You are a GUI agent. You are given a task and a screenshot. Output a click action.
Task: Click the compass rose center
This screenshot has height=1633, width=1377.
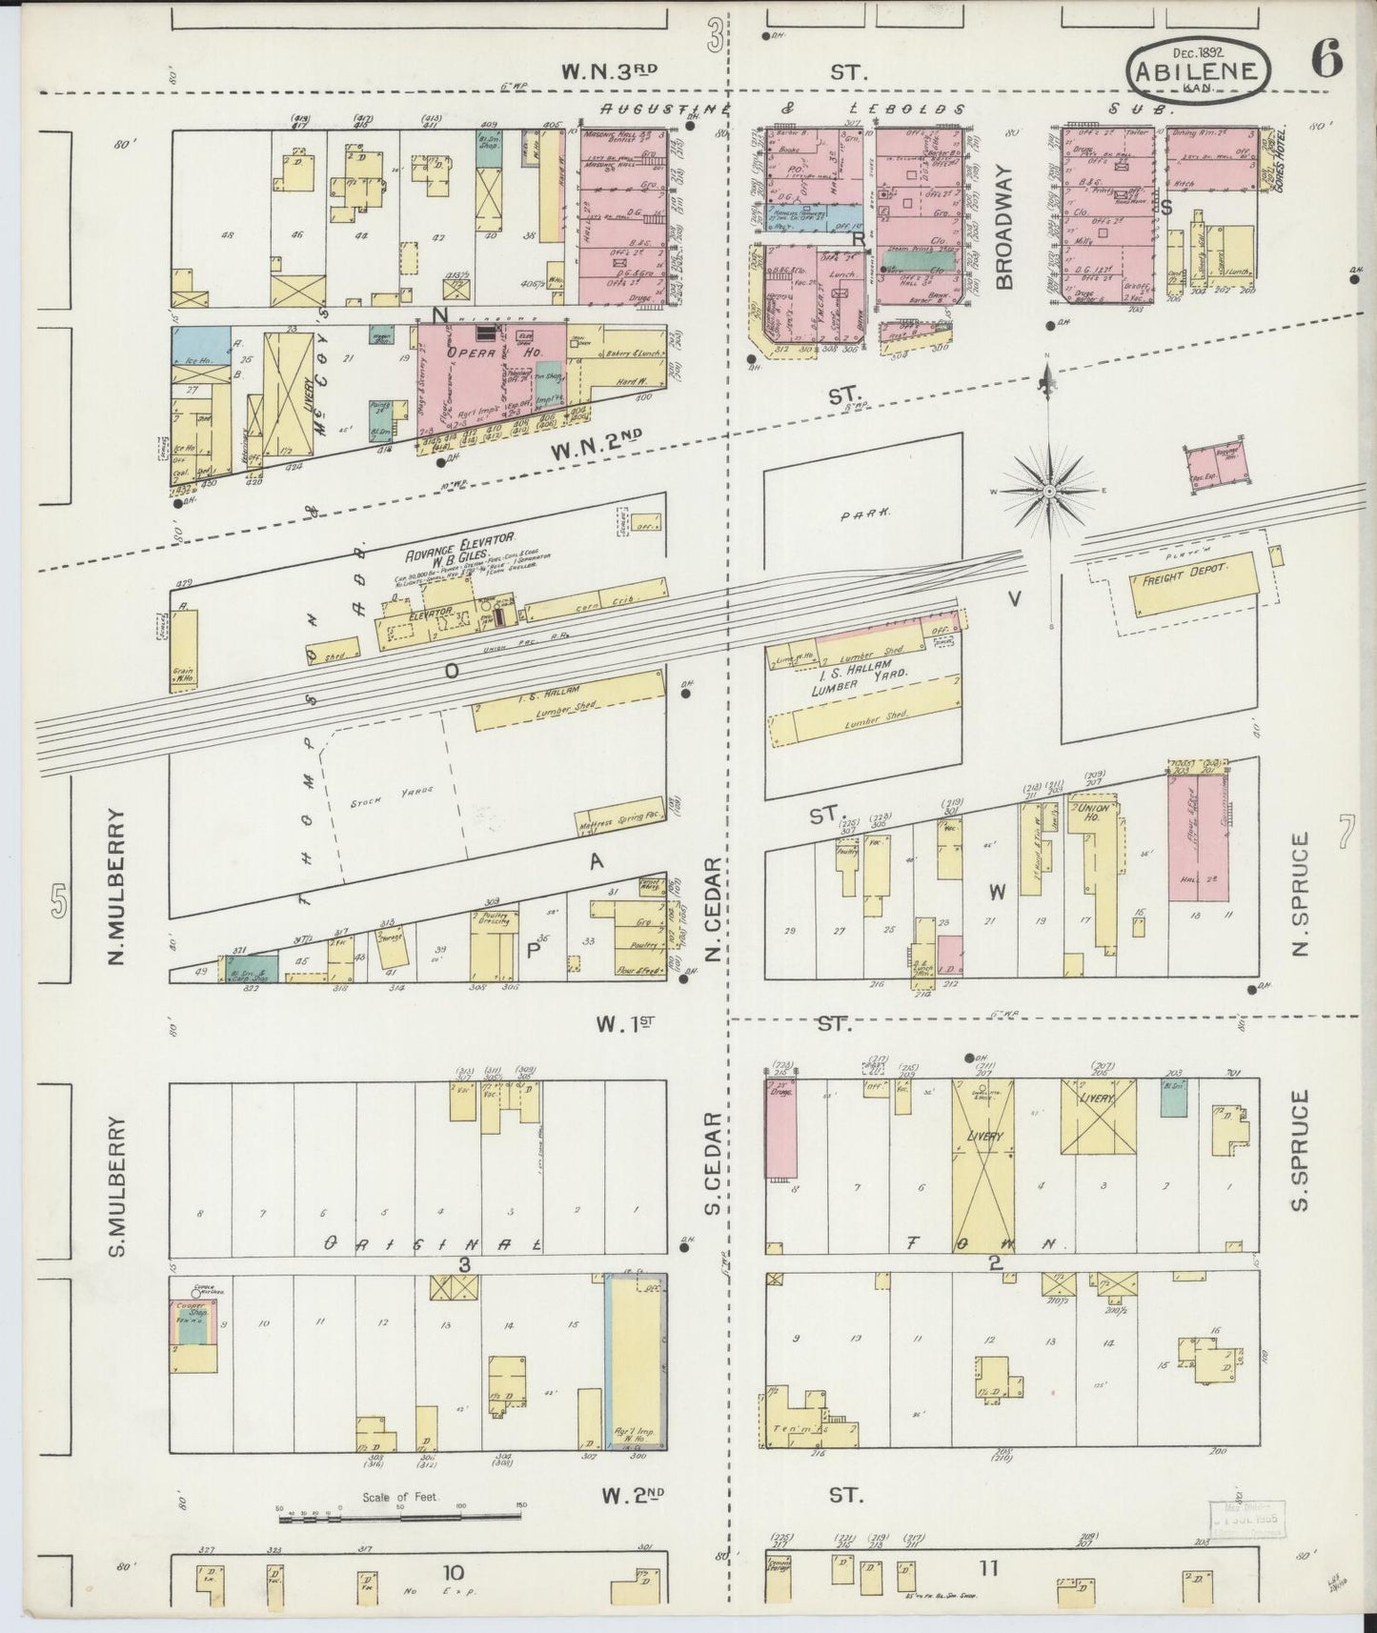(x=1048, y=491)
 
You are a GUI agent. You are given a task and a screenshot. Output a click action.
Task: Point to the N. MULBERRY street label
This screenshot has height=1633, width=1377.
(x=118, y=886)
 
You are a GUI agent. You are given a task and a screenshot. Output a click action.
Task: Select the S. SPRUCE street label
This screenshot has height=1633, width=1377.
(x=1303, y=1151)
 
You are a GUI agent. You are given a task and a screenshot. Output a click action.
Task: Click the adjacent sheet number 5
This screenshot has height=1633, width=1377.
(x=59, y=900)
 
